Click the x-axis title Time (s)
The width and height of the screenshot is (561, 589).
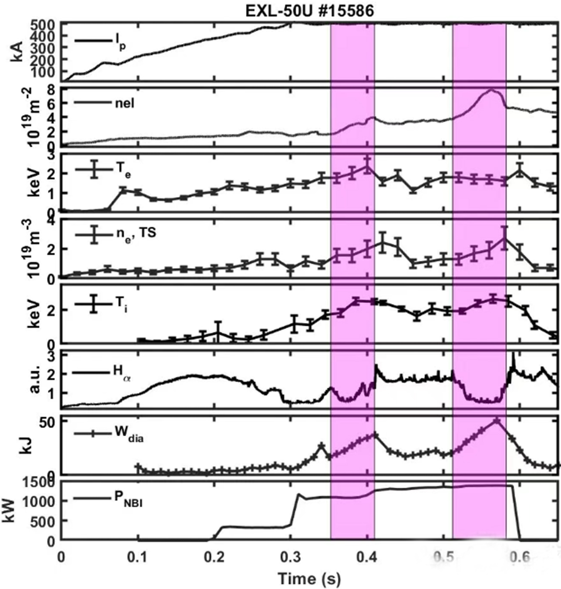click(x=309, y=579)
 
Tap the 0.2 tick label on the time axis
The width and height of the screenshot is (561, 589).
click(x=214, y=557)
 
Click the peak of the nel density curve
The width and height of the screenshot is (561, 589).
click(x=492, y=90)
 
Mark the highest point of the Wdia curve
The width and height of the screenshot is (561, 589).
click(x=497, y=421)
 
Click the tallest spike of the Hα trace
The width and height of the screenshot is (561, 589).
click(x=514, y=353)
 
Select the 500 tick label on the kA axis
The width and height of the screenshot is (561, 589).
click(x=44, y=24)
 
